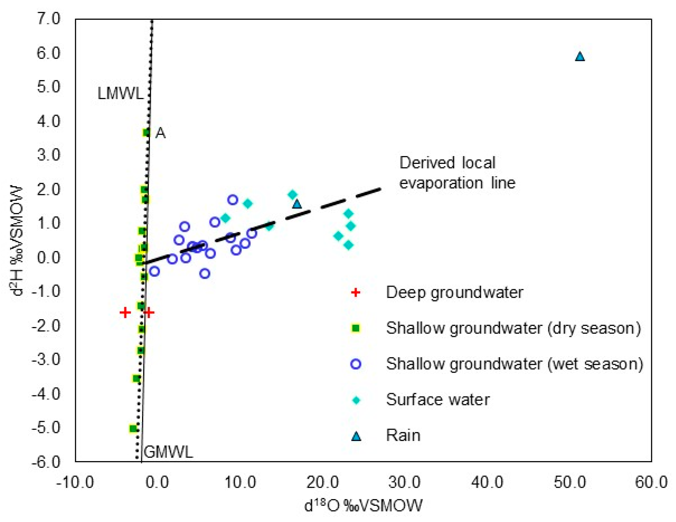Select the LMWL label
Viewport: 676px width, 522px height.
pyautogui.click(x=121, y=93)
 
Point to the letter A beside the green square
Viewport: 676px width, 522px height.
pyautogui.click(x=160, y=133)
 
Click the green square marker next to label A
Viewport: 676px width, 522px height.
pyautogui.click(x=146, y=133)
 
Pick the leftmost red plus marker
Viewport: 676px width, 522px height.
pyautogui.click(x=125, y=313)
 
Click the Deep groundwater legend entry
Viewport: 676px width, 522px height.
pyautogui.click(x=454, y=292)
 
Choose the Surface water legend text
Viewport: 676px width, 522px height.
pyautogui.click(x=438, y=400)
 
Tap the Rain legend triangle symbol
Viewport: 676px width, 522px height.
pyautogui.click(x=356, y=436)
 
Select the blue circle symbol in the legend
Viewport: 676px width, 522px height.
pyautogui.click(x=356, y=364)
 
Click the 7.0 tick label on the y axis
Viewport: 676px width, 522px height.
pyautogui.click(x=48, y=19)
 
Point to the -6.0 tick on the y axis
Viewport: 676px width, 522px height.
pyautogui.click(x=46, y=462)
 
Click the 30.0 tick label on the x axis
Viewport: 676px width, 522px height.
pyautogui.click(x=405, y=482)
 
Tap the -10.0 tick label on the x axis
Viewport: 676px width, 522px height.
pyautogui.click(x=75, y=482)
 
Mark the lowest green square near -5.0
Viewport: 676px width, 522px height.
pyautogui.click(x=133, y=429)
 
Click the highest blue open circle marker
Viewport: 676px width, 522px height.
pyautogui.click(x=233, y=200)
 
